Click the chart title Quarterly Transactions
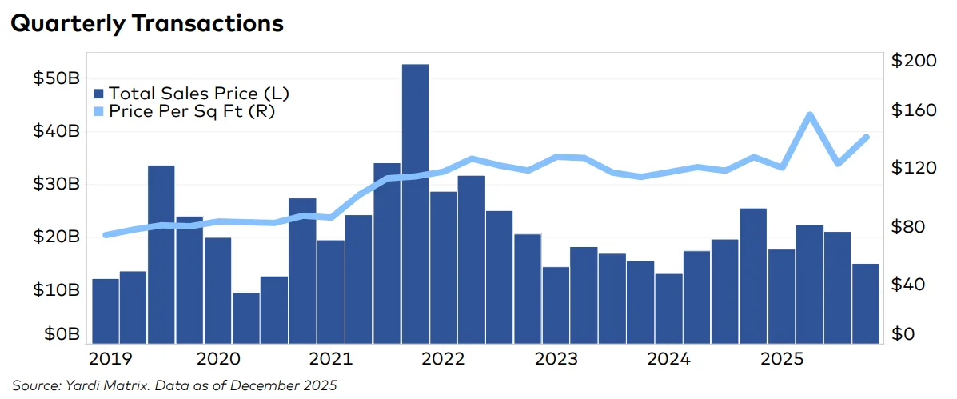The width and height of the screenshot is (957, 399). coord(146,24)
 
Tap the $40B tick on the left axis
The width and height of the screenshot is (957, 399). coord(57,131)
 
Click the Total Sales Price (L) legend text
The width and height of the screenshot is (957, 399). coord(198,93)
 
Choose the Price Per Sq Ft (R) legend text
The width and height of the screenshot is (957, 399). coord(192,111)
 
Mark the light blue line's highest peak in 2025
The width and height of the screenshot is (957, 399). coord(810,115)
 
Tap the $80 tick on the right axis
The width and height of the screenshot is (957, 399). coord(908,227)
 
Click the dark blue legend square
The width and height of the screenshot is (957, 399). coord(99,93)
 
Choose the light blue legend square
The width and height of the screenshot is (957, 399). coord(99,111)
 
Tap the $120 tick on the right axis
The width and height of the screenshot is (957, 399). coord(912,169)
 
